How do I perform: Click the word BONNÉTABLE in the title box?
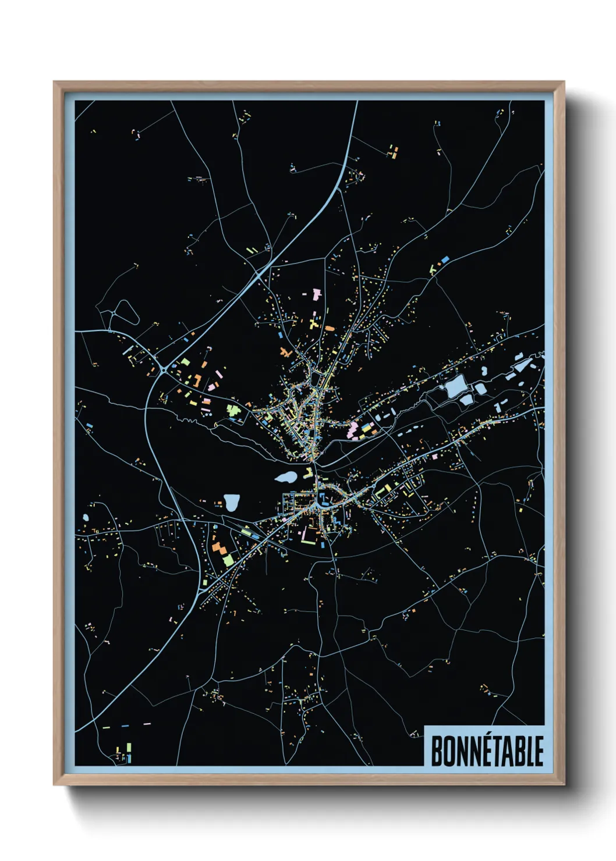coord(487,750)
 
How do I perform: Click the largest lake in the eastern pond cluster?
coord(455,386)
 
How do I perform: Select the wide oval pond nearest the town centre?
coord(285,478)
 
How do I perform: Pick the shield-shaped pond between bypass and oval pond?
coord(232,502)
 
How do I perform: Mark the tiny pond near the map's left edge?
coord(86,517)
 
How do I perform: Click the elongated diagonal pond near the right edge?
coord(522,365)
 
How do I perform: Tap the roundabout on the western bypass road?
coord(164,368)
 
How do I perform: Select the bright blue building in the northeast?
coord(445,258)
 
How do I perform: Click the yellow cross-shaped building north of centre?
coord(314,320)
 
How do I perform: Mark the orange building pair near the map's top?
coord(394,152)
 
